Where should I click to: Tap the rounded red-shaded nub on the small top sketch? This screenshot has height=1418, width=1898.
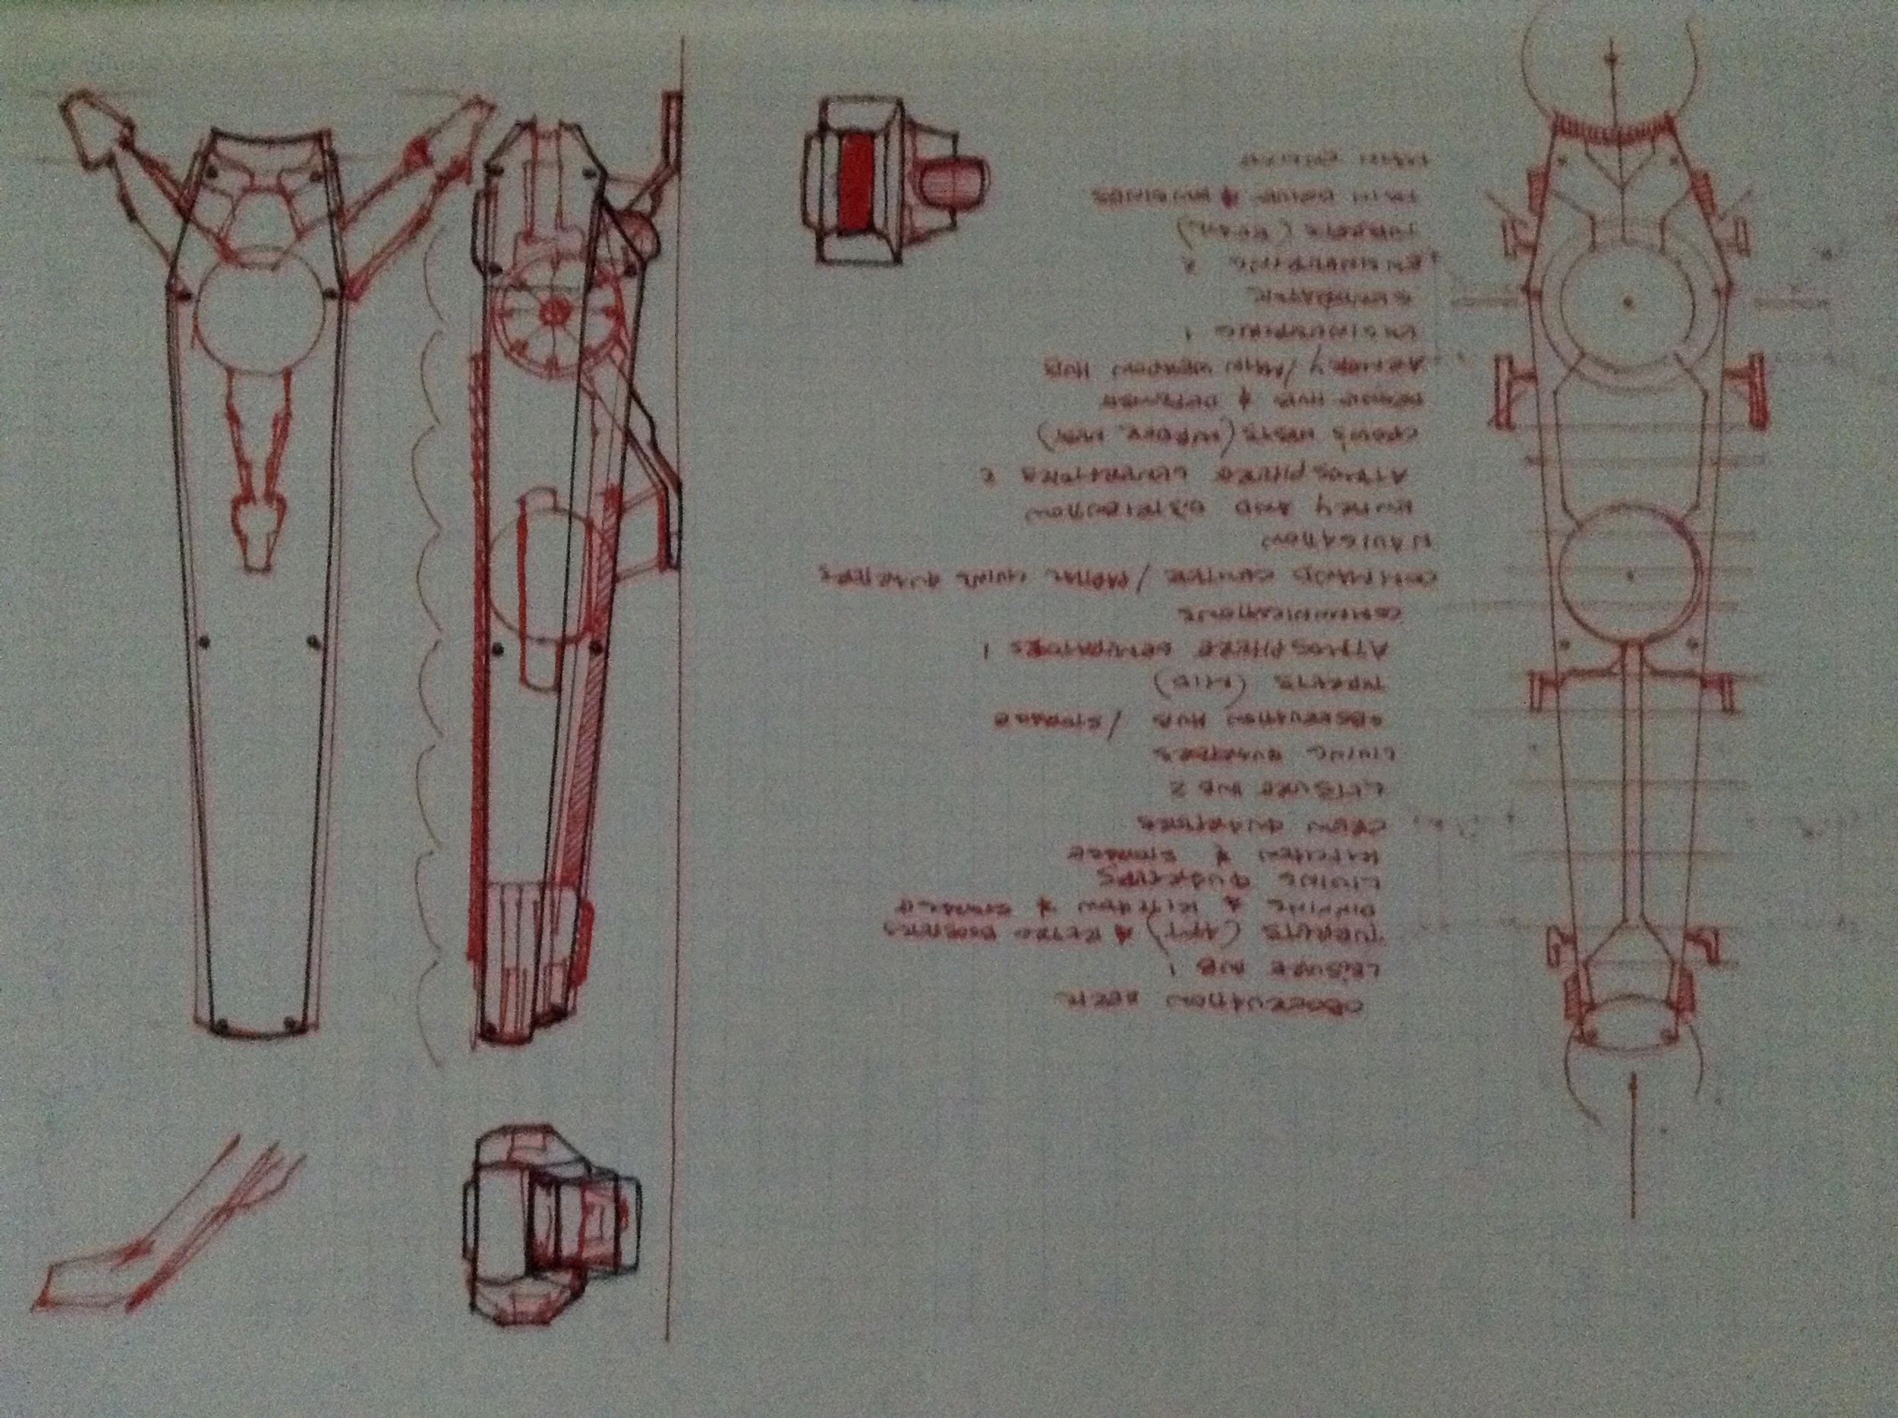[955, 182]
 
